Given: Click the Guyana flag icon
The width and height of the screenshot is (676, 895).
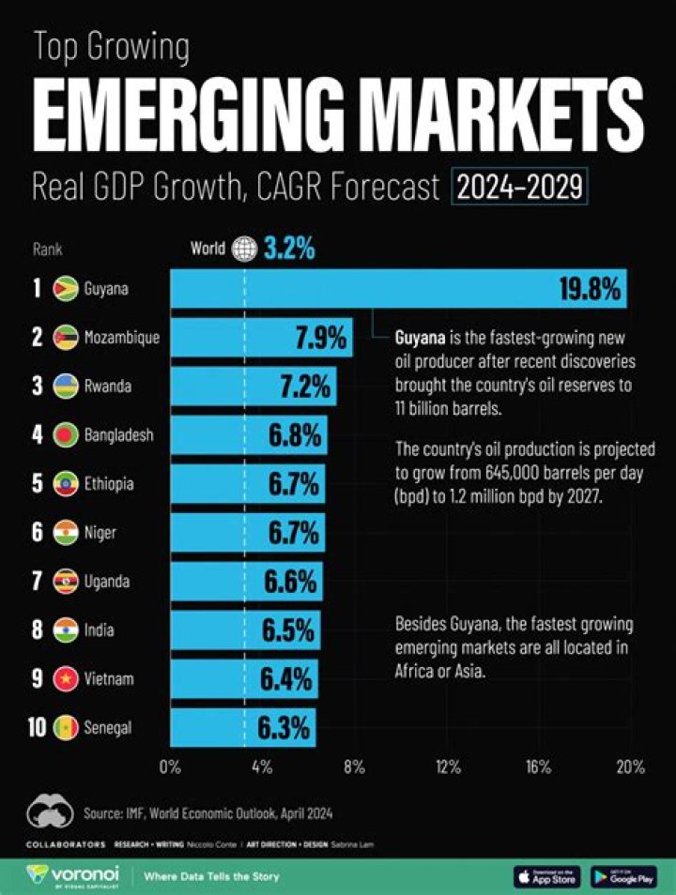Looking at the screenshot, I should click(66, 288).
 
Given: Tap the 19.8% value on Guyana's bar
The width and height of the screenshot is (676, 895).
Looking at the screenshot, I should click(590, 289).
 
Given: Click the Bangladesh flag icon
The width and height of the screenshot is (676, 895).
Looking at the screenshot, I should click(66, 435).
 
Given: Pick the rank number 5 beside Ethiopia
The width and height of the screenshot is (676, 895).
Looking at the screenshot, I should click(38, 484).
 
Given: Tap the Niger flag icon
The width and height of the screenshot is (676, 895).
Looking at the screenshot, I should click(66, 533).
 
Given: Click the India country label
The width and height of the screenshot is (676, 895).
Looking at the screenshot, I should click(99, 630).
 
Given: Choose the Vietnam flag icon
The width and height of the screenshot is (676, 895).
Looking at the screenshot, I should click(66, 678).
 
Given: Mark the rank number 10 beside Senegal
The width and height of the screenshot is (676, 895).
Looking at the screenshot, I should click(37, 728).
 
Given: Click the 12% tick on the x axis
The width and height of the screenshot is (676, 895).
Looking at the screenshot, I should click(448, 766).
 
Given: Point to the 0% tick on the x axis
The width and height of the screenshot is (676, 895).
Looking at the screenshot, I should click(170, 766).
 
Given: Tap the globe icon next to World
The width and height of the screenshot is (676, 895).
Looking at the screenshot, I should click(245, 250).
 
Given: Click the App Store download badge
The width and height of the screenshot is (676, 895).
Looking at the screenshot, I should click(547, 876).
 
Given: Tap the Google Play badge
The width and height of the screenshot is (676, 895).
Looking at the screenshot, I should click(623, 876).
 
